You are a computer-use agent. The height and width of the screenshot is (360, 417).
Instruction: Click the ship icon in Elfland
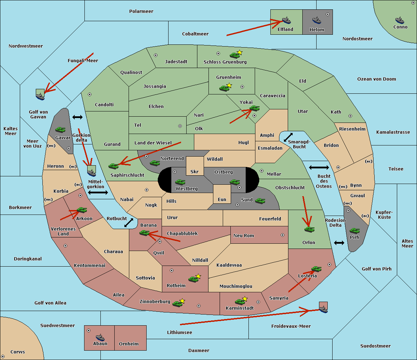point(286,20)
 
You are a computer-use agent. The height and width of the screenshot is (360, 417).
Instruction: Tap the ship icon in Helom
point(317,20)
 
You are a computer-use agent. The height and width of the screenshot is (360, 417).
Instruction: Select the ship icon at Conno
point(400,20)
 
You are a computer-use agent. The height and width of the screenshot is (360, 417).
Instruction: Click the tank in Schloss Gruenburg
point(235,55)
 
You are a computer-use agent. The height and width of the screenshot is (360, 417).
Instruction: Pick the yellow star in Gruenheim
point(229,85)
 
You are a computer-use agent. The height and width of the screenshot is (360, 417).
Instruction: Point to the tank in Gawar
point(60,129)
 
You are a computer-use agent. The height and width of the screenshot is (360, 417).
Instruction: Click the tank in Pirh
point(355,231)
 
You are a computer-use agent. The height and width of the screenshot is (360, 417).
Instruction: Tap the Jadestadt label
point(176,62)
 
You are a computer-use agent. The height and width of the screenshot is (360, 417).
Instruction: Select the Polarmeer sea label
point(141,11)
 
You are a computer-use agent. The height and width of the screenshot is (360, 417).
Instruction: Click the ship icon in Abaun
point(100,337)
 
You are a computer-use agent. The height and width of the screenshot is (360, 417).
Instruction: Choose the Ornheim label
point(129,344)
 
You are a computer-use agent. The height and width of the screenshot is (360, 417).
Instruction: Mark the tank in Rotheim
point(193,279)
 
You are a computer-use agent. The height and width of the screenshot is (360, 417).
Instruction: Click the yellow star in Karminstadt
point(245,299)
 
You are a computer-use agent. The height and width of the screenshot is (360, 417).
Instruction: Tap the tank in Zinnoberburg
point(178,304)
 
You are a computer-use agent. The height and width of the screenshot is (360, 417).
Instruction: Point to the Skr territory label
point(195,172)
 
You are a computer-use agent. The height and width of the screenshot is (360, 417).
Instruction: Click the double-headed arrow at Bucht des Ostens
point(319,168)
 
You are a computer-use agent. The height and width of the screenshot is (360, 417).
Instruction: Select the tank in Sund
point(260,201)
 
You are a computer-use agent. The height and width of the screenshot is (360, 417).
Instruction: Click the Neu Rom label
point(244,236)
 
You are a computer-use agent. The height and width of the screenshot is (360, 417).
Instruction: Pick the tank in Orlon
point(309,229)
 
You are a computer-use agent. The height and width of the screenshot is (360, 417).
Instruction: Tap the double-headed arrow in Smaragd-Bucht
point(288,137)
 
